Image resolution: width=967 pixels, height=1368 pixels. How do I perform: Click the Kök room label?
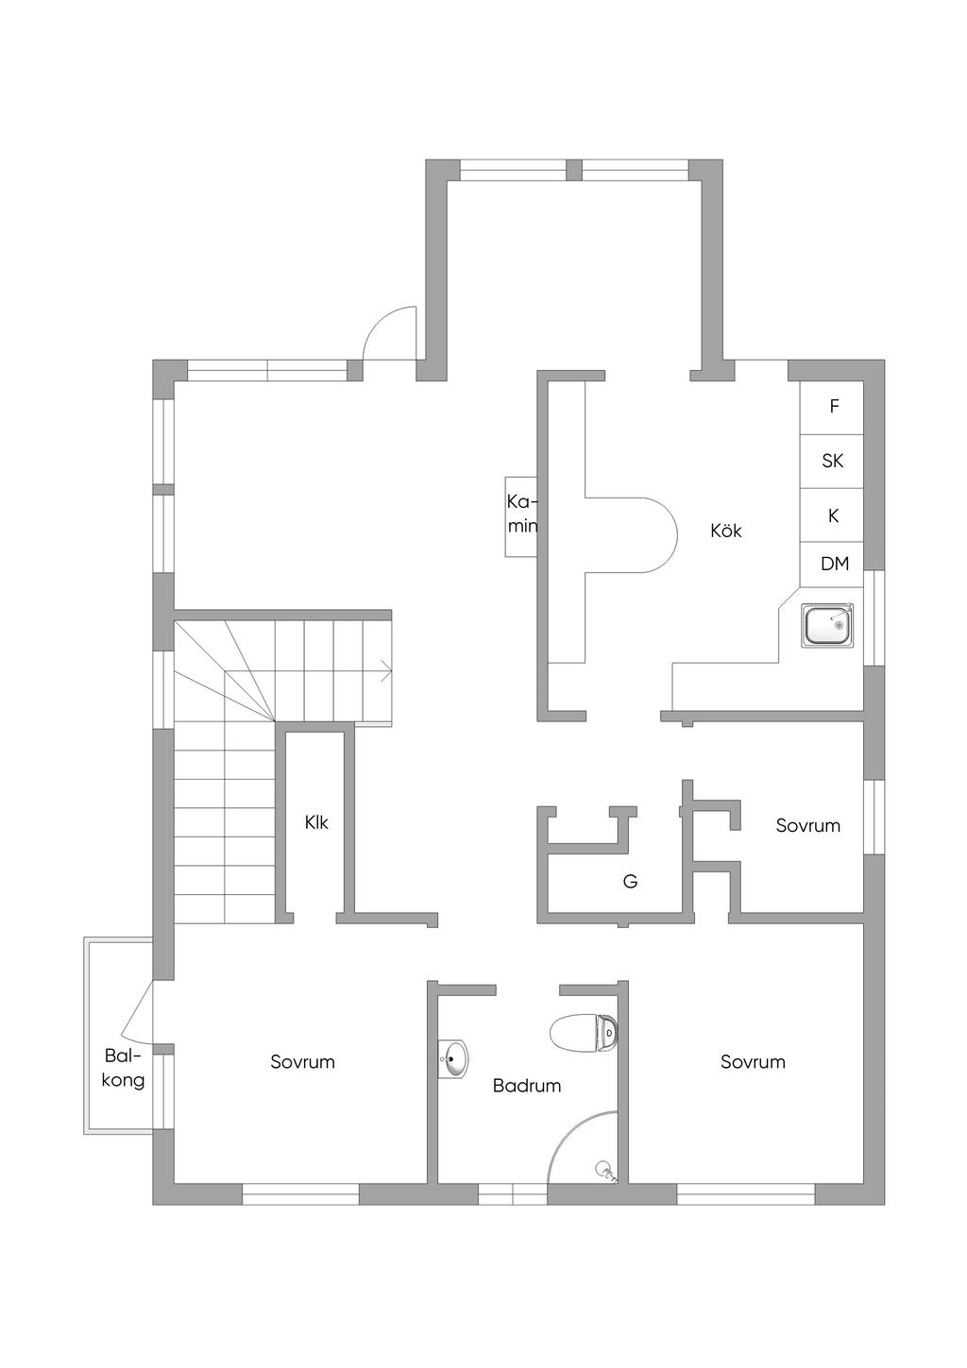pos(725,532)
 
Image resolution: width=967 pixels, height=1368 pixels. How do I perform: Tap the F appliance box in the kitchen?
pos(833,407)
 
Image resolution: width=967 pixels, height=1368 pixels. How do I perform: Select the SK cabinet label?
pos(833,462)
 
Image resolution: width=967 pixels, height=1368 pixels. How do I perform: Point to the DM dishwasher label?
pos(834,565)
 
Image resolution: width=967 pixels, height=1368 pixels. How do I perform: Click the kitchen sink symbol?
pos(827,626)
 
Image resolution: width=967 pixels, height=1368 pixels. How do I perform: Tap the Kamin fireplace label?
pos(522,515)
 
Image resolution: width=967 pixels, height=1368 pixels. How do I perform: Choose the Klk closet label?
pos(316,823)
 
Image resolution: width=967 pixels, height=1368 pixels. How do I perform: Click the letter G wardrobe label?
pos(630,882)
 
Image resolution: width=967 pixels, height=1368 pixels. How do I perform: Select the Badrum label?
pos(527,1086)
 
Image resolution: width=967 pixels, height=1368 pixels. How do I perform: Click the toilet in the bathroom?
pos(583,1033)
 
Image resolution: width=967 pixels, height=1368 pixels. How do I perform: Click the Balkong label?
pos(123,1068)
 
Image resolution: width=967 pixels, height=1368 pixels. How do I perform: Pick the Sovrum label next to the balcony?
pos(302,1062)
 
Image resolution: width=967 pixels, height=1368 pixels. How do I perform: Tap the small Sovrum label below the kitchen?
pos(807,826)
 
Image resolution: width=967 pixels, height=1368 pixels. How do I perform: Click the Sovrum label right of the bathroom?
pos(753,1062)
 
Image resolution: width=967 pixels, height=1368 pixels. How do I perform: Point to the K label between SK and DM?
pos(833,516)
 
